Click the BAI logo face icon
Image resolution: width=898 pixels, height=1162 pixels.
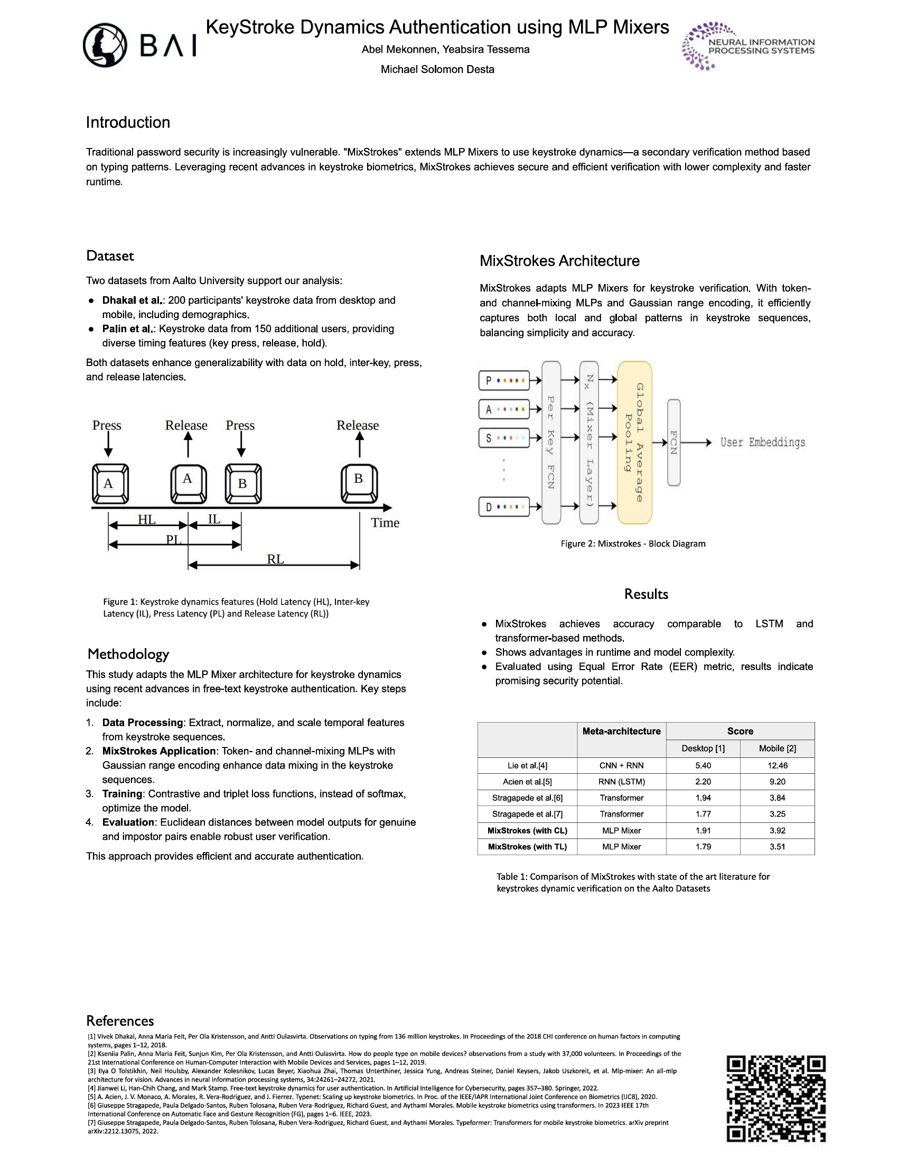pyautogui.click(x=105, y=45)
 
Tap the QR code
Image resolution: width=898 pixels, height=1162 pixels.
pyautogui.click(x=776, y=1099)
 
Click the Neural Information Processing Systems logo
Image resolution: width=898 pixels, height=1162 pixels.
pyautogui.click(x=748, y=46)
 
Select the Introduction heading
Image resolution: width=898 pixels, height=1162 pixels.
pyautogui.click(x=128, y=123)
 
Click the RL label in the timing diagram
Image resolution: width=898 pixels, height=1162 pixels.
pyautogui.click(x=275, y=559)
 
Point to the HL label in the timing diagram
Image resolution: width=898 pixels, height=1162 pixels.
pyautogui.click(x=146, y=519)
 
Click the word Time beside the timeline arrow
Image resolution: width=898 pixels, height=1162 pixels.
pyautogui.click(x=385, y=523)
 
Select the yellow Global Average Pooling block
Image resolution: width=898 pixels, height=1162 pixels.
pyautogui.click(x=634, y=442)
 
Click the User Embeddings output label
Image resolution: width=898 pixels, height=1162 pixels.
pyautogui.click(x=762, y=442)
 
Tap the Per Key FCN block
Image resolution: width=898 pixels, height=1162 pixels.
pyautogui.click(x=551, y=442)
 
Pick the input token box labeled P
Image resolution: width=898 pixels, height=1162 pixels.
pyautogui.click(x=504, y=380)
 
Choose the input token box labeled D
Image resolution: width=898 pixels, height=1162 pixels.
pyautogui.click(x=504, y=507)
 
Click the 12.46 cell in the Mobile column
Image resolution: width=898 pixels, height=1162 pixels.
pyautogui.click(x=777, y=766)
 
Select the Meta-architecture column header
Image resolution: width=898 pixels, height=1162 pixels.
pyautogui.click(x=621, y=731)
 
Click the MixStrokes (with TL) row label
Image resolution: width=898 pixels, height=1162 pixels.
pyautogui.click(x=527, y=847)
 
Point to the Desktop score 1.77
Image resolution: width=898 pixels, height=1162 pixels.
pyautogui.click(x=703, y=814)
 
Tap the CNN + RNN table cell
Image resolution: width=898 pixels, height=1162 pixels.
pyautogui.click(x=621, y=766)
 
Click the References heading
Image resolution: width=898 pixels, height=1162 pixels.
pyautogui.click(x=120, y=1021)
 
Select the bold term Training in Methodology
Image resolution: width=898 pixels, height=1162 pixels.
pyautogui.click(x=123, y=794)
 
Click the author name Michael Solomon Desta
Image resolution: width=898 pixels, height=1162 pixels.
pyautogui.click(x=437, y=70)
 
